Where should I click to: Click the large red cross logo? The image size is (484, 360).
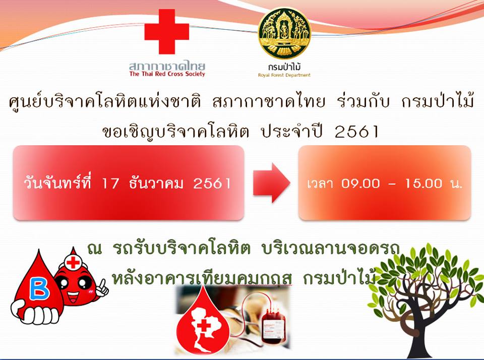(x=167, y=31)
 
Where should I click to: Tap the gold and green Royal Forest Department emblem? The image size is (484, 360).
(x=284, y=34)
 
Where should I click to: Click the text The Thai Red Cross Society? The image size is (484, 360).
(x=167, y=74)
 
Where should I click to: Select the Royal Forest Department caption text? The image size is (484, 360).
(x=284, y=75)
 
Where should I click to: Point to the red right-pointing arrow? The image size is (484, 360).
(x=272, y=183)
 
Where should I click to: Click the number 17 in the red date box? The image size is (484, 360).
(x=110, y=184)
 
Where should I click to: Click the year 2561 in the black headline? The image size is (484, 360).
(x=356, y=132)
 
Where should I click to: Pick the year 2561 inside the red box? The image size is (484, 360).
(x=212, y=184)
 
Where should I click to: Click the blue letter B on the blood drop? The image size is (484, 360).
(x=39, y=289)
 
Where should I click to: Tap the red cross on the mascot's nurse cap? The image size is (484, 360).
(x=73, y=262)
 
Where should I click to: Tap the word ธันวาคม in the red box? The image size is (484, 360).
(x=156, y=183)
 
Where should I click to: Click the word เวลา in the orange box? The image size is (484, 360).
(x=320, y=184)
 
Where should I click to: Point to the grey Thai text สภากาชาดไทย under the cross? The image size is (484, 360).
(x=167, y=65)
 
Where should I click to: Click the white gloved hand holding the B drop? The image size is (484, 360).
(x=34, y=312)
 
